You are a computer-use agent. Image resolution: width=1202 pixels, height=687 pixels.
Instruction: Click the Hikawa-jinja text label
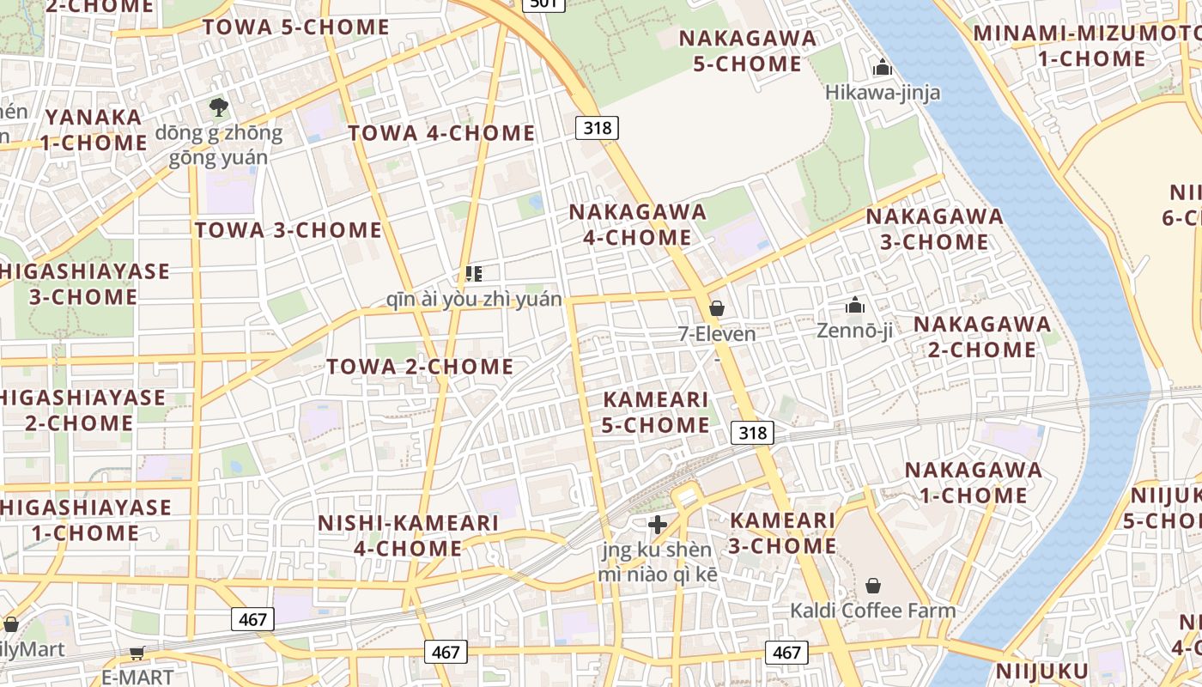click(883, 93)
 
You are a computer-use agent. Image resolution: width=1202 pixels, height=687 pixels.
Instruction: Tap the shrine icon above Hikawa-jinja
click(882, 67)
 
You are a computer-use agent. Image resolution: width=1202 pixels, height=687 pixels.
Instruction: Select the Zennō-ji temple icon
click(854, 306)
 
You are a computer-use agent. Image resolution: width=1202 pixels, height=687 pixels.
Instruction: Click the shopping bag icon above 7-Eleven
click(717, 308)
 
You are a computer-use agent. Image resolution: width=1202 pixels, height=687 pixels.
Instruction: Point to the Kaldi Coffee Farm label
click(872, 611)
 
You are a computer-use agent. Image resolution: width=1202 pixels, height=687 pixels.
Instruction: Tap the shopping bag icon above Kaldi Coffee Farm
click(873, 586)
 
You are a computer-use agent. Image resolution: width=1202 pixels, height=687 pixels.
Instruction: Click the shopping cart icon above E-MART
click(137, 654)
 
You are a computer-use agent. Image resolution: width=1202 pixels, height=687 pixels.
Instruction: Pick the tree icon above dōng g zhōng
click(219, 107)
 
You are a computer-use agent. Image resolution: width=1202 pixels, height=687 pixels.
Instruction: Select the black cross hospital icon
click(658, 524)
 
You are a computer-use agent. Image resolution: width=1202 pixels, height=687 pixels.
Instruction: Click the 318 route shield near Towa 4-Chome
click(597, 128)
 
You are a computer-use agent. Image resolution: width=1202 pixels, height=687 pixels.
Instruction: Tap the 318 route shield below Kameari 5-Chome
click(752, 433)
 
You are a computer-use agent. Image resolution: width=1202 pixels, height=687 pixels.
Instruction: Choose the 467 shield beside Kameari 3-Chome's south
click(786, 652)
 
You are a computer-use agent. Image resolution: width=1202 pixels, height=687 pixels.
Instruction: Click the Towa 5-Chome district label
click(296, 27)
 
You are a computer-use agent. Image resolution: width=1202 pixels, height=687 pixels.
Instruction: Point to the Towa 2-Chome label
click(420, 367)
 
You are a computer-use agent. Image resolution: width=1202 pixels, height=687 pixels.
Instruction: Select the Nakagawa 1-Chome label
click(974, 483)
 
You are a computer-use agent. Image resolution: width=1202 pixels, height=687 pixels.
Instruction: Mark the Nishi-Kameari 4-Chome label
click(408, 535)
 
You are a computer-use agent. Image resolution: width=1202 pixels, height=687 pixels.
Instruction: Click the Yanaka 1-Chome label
click(94, 130)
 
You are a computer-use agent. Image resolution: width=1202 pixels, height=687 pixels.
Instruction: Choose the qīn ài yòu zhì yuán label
click(475, 299)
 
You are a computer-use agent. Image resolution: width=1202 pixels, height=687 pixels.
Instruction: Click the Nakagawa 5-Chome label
click(747, 51)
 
